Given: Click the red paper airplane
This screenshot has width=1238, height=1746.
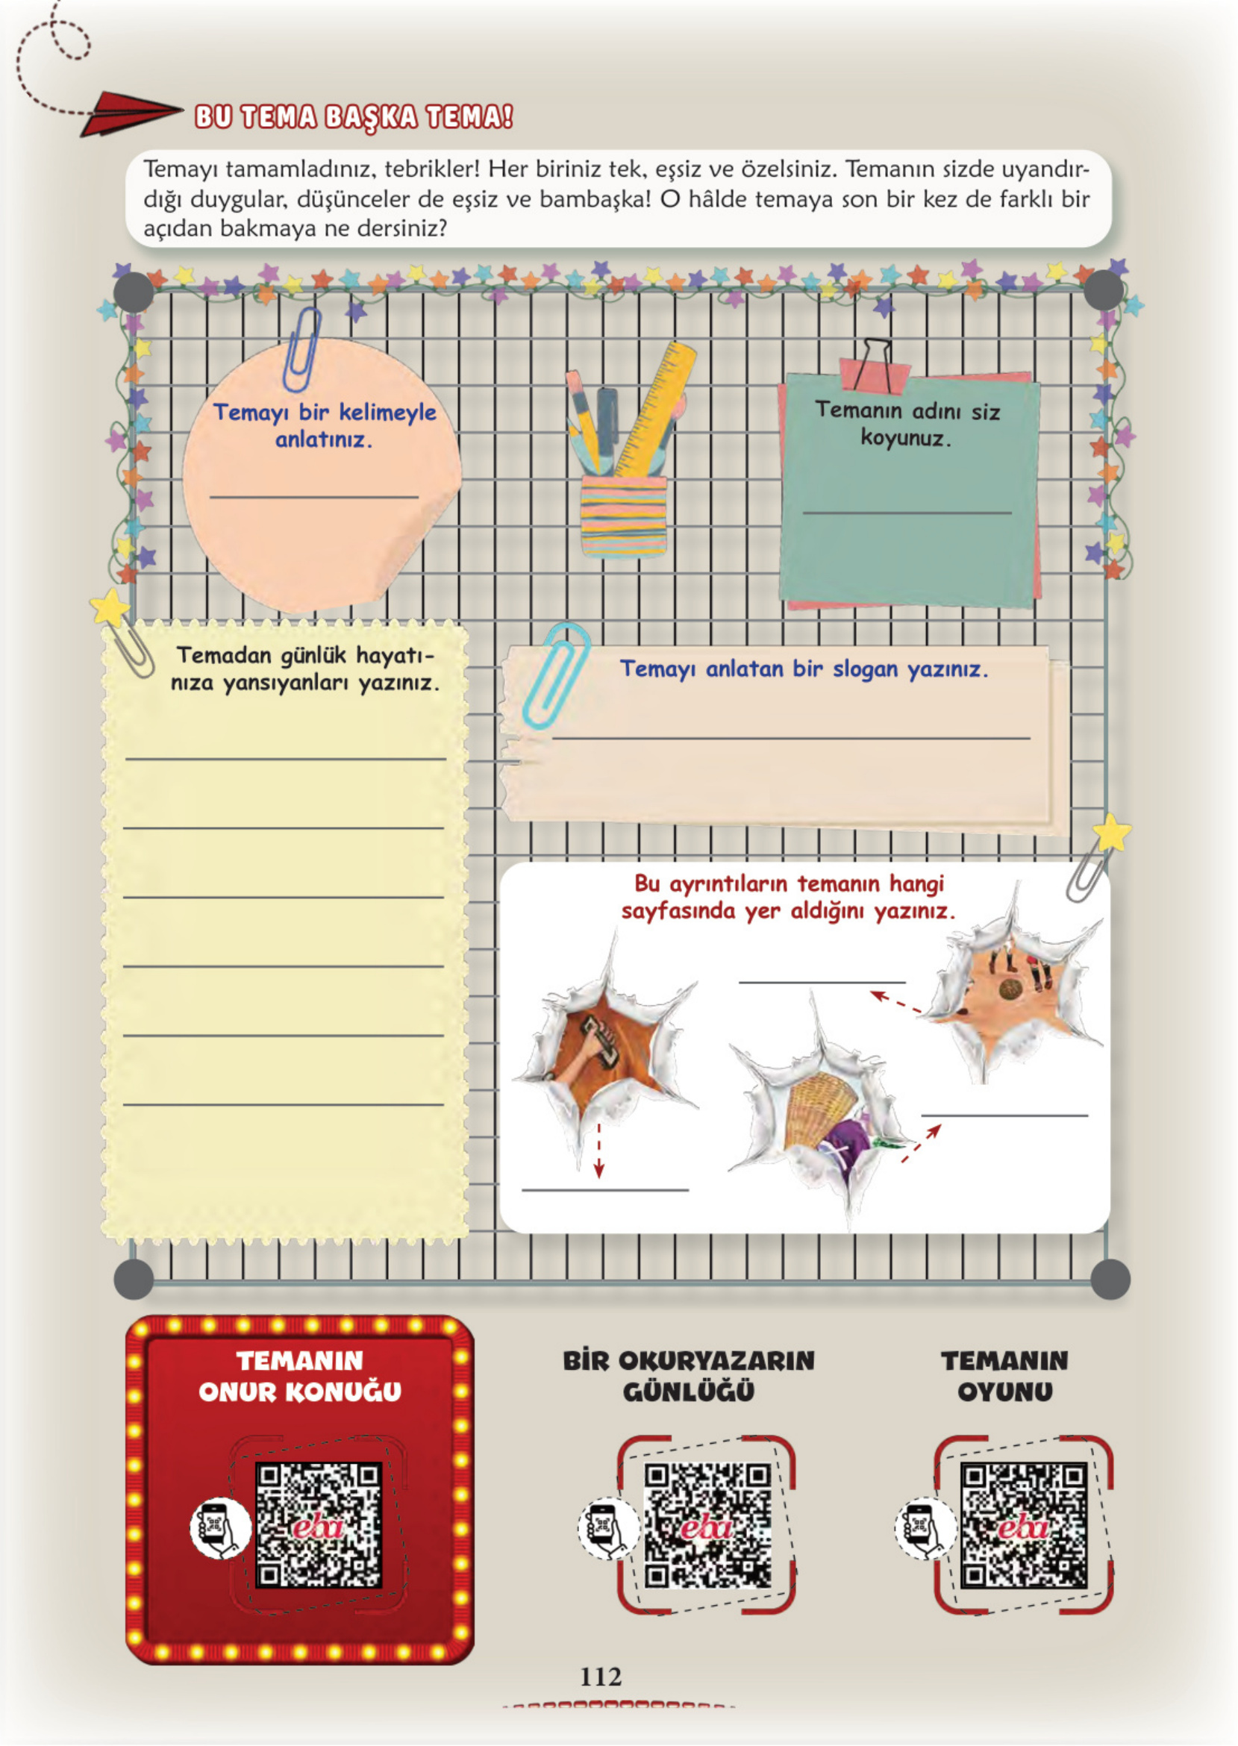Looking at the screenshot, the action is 130,113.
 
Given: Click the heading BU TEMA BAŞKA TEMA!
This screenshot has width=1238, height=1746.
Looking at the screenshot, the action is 354,117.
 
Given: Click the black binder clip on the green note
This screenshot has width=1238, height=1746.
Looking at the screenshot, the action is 875,366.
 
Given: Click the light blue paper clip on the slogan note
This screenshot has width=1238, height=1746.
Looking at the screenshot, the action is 555,675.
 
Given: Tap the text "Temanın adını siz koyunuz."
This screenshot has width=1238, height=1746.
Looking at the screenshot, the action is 907,425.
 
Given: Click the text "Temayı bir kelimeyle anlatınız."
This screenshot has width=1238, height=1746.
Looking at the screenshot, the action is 325,425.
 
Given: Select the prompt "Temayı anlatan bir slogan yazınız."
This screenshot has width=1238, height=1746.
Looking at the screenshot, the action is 804,669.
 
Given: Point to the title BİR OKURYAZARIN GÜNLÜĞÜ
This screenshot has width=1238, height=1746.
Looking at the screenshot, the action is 689,1377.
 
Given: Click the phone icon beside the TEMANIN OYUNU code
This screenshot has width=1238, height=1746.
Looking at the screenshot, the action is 925,1528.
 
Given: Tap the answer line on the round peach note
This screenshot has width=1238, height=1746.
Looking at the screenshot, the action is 314,497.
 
